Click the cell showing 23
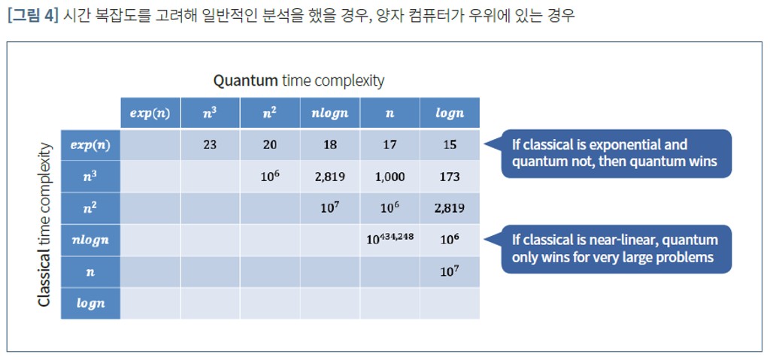tap(211, 145)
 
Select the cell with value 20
tap(270, 145)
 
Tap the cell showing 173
tap(450, 177)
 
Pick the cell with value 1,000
tap(390, 177)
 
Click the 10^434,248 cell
tap(390, 240)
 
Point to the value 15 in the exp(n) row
tap(450, 145)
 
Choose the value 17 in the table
tap(390, 145)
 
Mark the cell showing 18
tap(330, 145)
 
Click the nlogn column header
tap(330, 113)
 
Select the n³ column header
tap(211, 113)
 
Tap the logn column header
tap(450, 113)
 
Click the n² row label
tap(90, 208)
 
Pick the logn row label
tap(90, 303)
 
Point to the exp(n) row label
tap(90, 145)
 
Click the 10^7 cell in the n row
tap(450, 271)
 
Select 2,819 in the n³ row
tap(330, 177)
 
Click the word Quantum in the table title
tap(246, 81)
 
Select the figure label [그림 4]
tap(33, 16)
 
